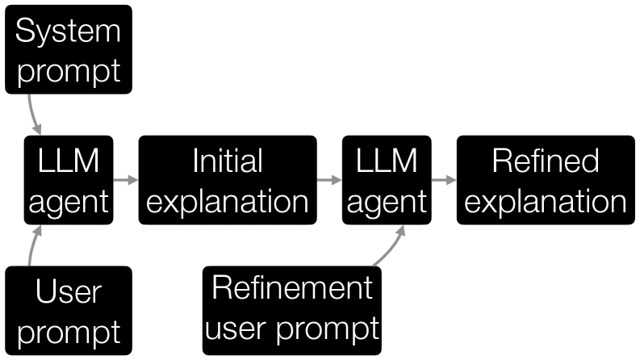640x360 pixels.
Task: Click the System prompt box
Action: pos(68,49)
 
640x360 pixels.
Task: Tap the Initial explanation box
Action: pos(227,181)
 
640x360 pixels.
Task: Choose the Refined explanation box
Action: pos(546,181)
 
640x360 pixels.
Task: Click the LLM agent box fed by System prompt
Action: pos(68,181)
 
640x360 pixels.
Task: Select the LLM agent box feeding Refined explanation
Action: pos(385,181)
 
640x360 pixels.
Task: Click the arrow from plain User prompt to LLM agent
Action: pos(32,246)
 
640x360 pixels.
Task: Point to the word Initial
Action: pos(227,161)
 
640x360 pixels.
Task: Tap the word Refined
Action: pos(546,161)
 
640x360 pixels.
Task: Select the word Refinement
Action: pos(291,288)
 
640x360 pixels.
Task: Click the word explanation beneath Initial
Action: pos(227,201)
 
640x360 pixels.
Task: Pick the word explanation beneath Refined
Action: pos(546,201)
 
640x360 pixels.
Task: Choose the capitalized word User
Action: pos(68,292)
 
